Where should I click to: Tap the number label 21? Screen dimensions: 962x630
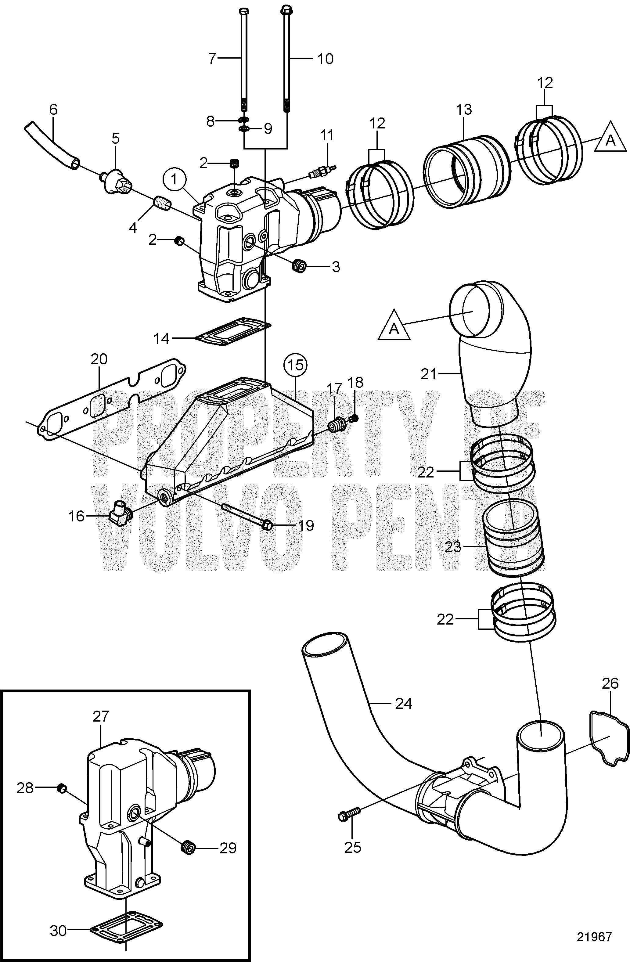tap(429, 374)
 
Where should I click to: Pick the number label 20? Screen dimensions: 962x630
tap(99, 359)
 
